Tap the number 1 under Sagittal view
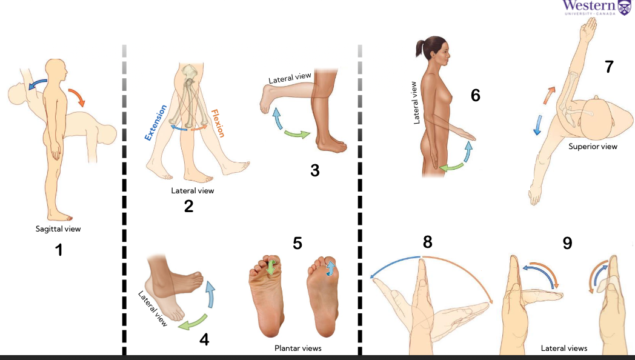coord(59,248)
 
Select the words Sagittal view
coord(58,229)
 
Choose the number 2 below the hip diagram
coord(188,206)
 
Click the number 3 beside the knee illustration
coord(314,170)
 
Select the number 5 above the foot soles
coord(298,243)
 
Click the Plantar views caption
coord(298,348)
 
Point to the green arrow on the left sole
coord(271,268)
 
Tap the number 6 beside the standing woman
coord(475,95)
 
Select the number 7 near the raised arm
coord(609,67)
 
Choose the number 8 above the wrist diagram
coord(428,242)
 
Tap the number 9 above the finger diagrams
coord(567,243)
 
